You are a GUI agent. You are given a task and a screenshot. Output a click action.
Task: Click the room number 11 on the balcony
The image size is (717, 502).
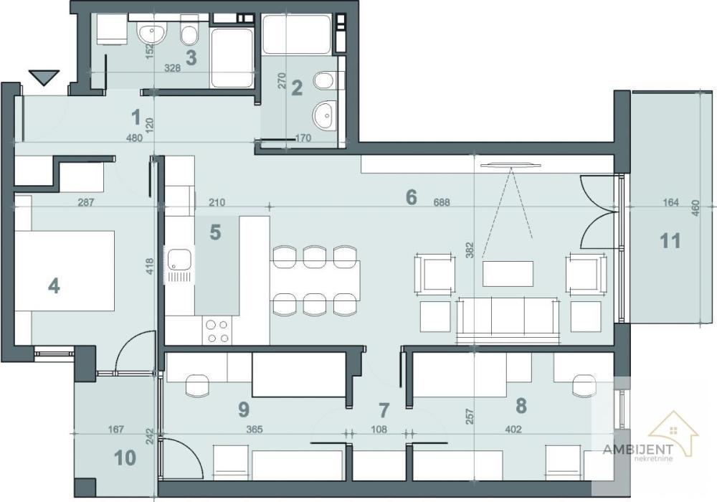click(x=670, y=240)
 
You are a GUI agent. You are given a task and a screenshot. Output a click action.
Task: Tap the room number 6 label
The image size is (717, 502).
click(x=411, y=196)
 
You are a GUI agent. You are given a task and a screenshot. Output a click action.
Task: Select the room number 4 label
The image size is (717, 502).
click(x=54, y=285)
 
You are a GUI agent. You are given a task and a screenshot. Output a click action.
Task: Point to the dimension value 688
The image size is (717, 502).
click(x=442, y=203)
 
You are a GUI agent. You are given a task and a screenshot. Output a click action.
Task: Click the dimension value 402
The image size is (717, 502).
click(x=513, y=430)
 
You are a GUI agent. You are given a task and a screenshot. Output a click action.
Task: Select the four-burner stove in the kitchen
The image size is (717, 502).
click(x=217, y=331)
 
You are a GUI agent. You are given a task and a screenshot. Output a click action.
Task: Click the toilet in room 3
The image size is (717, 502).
click(x=190, y=34)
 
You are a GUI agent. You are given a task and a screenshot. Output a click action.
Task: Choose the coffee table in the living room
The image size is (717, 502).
click(x=508, y=273)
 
